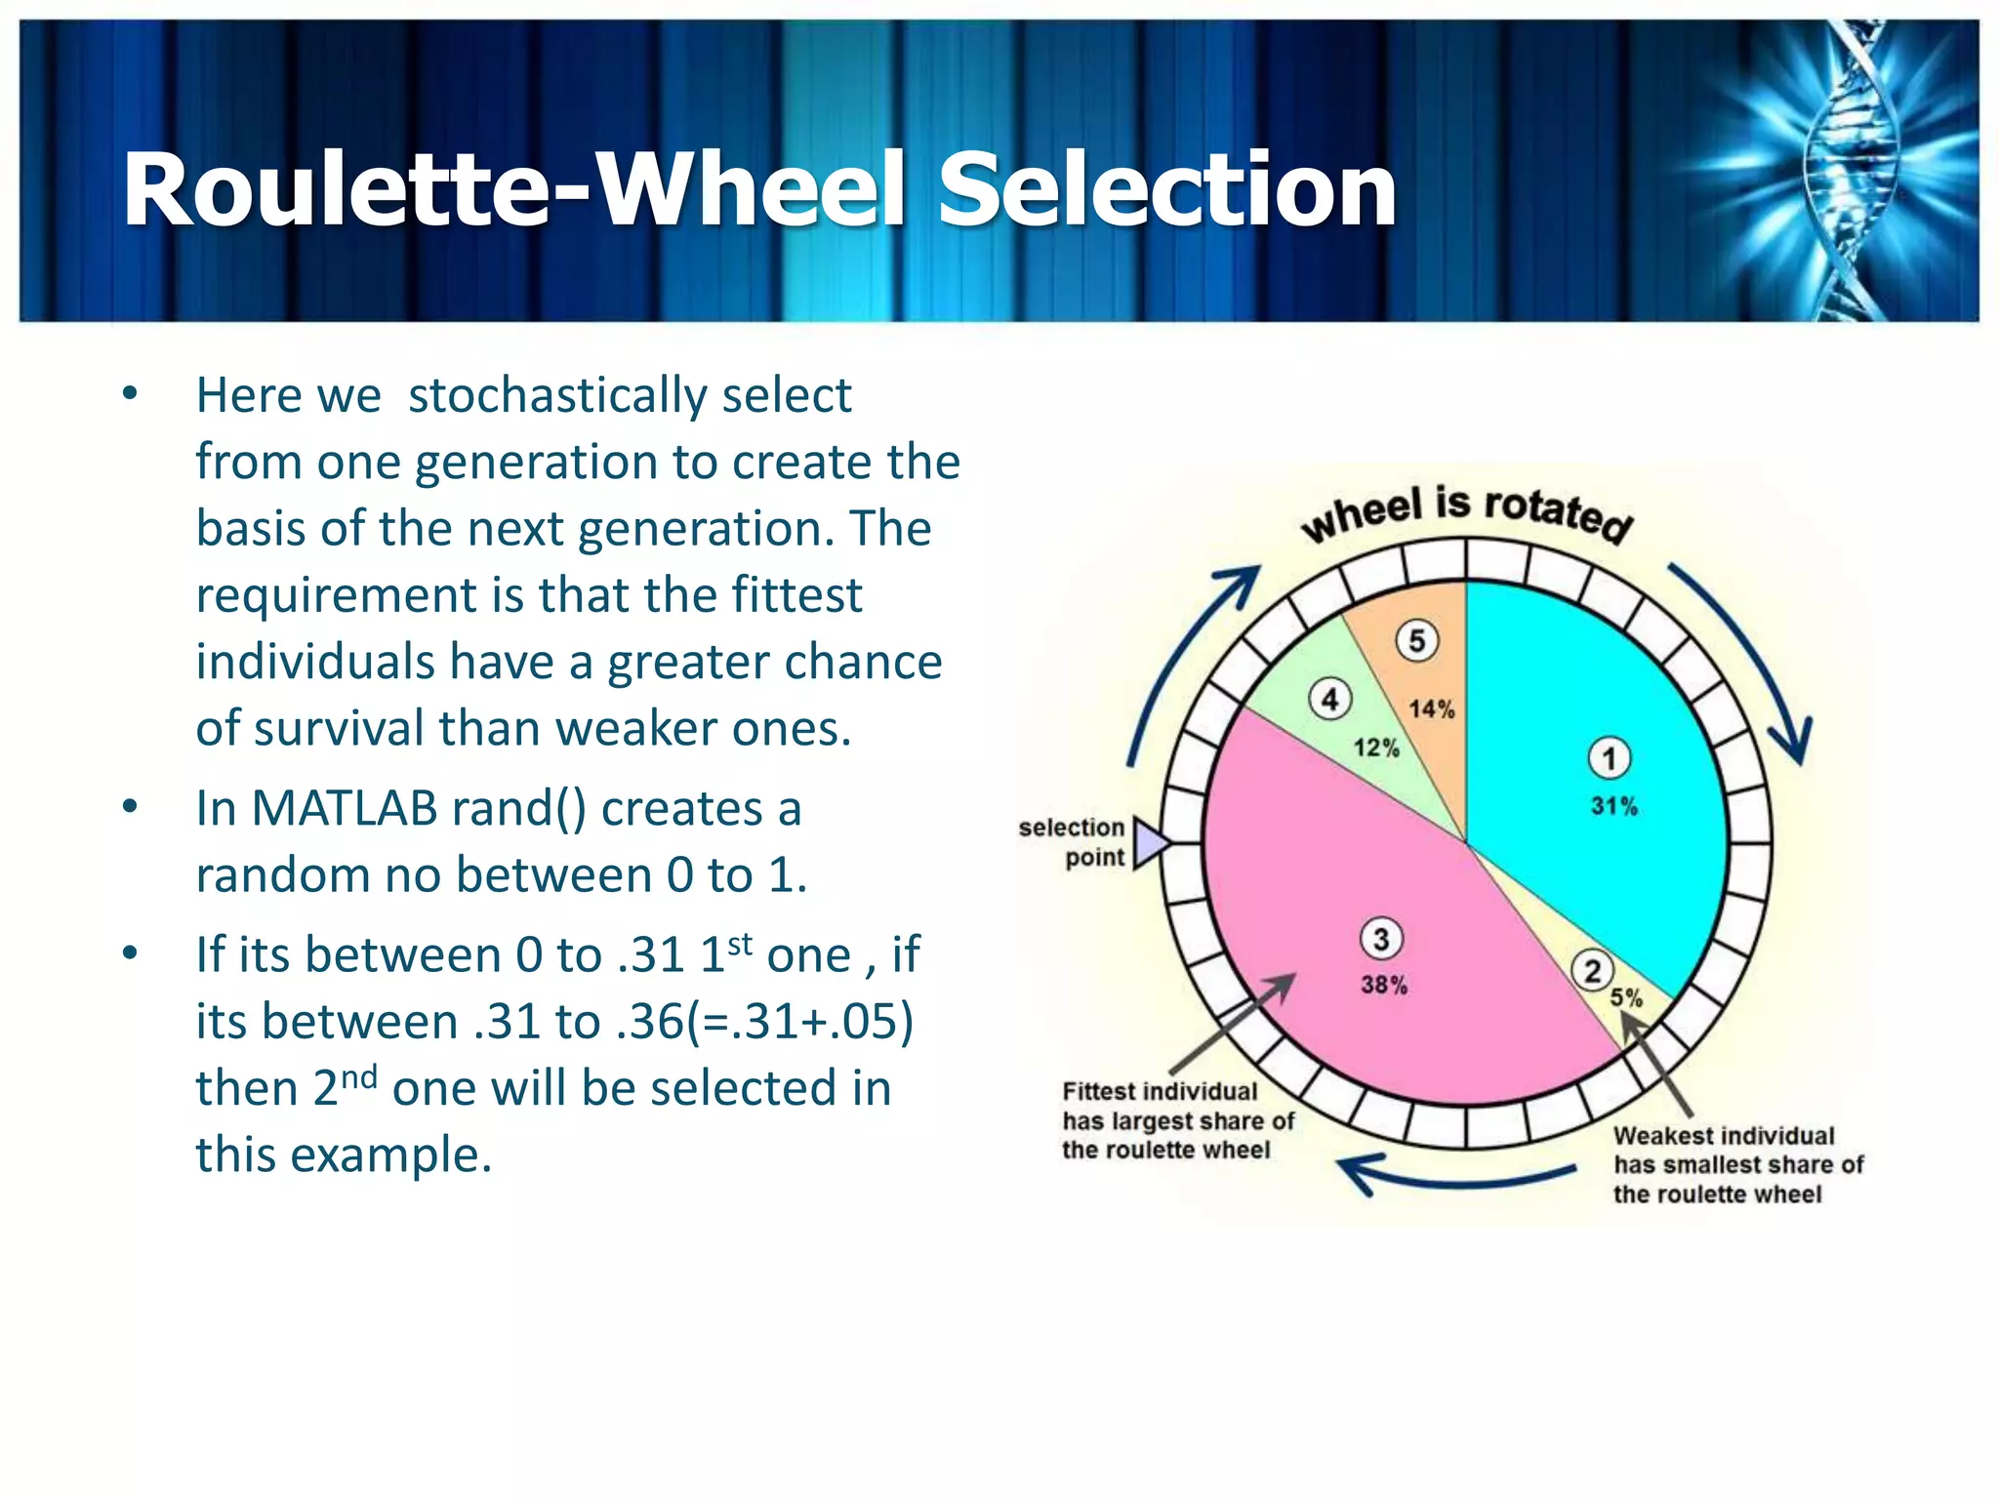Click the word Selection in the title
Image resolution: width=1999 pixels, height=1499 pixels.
(1166, 190)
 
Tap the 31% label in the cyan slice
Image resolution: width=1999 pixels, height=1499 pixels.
(1614, 806)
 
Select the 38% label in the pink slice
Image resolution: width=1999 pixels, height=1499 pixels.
(1384, 985)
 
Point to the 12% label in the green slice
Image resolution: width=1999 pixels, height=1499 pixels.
(1376, 749)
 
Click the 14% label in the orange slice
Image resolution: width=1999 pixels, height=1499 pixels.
(1431, 709)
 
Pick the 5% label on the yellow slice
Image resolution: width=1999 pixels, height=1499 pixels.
(1626, 997)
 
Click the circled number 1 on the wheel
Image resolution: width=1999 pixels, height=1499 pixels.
(1610, 758)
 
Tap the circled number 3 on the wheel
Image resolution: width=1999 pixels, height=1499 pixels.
(1381, 939)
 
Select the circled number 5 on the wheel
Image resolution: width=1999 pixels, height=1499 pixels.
(1417, 641)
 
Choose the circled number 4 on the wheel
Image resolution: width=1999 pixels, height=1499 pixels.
(1330, 699)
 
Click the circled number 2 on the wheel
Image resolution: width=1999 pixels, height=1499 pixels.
(1593, 971)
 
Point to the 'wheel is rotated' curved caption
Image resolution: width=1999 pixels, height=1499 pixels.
(1466, 514)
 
